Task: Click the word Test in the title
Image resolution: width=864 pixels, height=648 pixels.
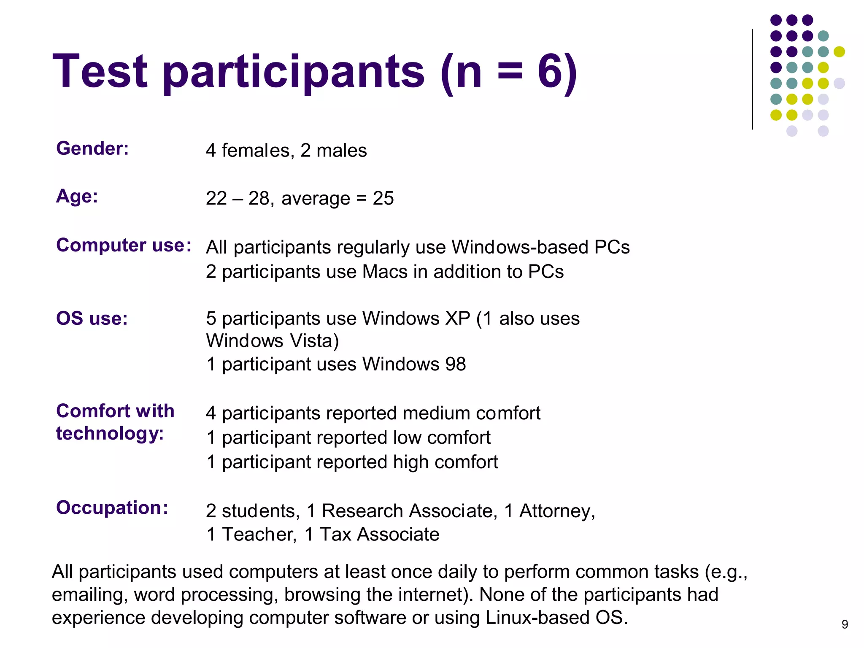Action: click(100, 72)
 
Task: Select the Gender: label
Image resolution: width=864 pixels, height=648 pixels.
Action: click(92, 148)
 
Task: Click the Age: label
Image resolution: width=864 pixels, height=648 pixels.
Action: click(77, 197)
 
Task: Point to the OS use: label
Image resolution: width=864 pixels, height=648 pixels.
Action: click(92, 319)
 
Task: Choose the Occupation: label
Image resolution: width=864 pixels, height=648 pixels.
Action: click(112, 508)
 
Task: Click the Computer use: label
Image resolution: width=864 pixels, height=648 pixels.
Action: click(124, 245)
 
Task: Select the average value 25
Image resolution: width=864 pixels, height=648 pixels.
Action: click(383, 198)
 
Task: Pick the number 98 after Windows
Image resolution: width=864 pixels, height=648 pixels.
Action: click(455, 364)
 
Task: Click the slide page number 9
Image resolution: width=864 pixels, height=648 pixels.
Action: click(845, 624)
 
